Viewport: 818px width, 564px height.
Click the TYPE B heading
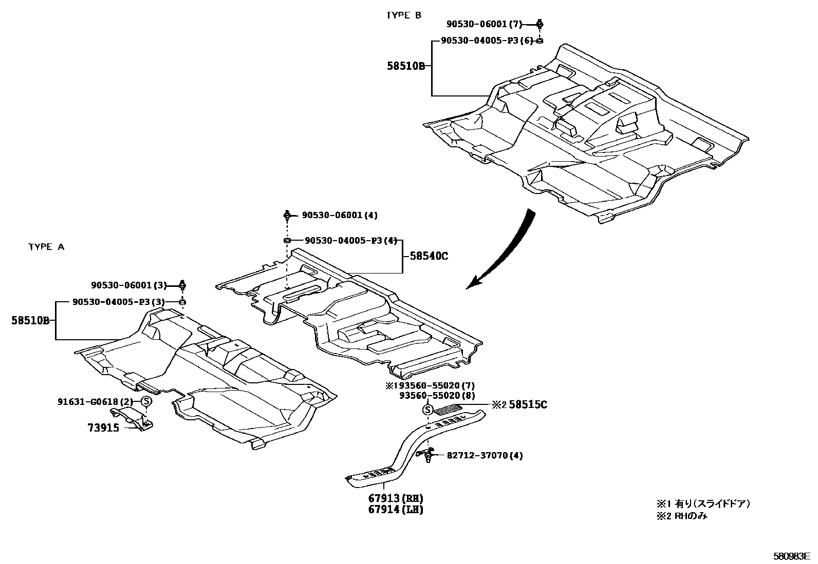[403, 15]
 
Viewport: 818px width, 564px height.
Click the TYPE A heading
[46, 247]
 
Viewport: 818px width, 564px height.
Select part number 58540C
[429, 256]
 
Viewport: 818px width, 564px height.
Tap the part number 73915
[103, 427]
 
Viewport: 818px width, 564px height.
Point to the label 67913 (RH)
[395, 498]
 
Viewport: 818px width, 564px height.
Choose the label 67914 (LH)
[395, 510]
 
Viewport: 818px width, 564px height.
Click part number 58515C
[528, 405]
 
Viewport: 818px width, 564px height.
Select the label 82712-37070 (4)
[485, 455]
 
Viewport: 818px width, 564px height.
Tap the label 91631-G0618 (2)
[95, 401]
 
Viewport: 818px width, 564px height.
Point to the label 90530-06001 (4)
[340, 215]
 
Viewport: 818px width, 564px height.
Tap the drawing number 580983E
[792, 556]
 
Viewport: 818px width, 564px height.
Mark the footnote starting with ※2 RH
[681, 516]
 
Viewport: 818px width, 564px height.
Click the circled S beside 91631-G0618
[146, 401]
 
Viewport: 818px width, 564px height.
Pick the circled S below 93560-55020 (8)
[427, 409]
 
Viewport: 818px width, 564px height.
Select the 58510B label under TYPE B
[406, 66]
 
